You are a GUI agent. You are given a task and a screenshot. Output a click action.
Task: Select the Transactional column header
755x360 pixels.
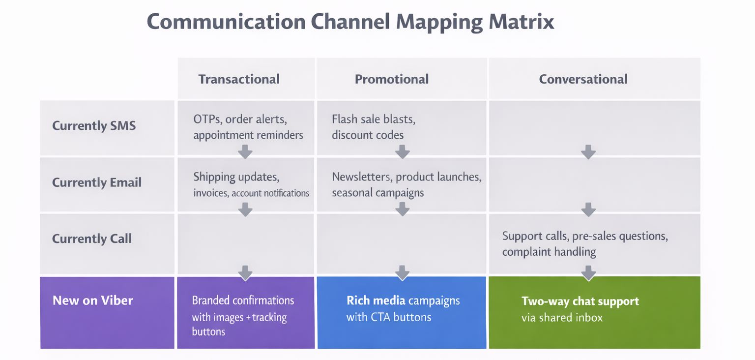point(239,79)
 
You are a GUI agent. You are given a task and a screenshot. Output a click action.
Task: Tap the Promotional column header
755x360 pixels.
point(392,79)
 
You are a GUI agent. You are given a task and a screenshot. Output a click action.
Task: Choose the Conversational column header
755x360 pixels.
point(583,79)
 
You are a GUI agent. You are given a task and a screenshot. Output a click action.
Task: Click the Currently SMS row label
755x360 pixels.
point(94,125)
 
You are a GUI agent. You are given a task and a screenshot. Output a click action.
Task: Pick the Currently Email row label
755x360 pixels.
point(97,182)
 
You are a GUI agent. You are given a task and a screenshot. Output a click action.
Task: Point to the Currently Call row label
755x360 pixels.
point(92,239)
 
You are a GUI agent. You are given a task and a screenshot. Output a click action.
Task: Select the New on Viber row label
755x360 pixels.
point(93,300)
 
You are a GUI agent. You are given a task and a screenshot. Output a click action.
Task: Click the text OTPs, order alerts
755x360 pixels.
point(240,120)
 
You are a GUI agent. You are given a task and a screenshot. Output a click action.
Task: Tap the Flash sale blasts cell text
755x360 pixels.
point(374,120)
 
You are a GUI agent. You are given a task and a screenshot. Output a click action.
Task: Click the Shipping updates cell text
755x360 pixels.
point(236,177)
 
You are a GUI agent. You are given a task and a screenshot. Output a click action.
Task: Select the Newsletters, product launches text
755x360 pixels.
point(407,177)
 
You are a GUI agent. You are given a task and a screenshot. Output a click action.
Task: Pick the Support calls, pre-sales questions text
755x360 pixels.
point(585,236)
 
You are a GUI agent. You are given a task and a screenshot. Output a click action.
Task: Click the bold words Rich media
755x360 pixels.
point(376,300)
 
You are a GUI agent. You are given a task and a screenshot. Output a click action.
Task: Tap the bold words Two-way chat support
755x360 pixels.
point(580,301)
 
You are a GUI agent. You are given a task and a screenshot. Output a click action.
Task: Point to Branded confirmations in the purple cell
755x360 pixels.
point(243,300)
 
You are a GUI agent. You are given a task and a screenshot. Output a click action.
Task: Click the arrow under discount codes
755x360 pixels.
point(402,151)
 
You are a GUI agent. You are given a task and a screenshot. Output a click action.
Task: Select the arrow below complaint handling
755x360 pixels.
point(588,272)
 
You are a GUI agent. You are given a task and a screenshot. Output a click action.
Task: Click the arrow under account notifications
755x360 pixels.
point(245,209)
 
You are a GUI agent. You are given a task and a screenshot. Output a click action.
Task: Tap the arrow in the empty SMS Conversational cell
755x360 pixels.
point(588,151)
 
